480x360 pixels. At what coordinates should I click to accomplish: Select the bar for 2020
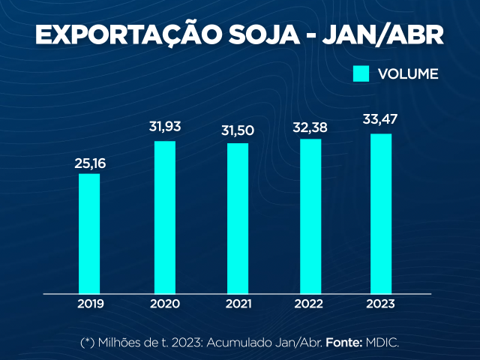click(164, 217)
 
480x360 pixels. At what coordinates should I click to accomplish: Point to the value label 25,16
click(90, 163)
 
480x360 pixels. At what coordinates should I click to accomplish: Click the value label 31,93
click(165, 127)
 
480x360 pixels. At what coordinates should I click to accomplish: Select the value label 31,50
click(238, 130)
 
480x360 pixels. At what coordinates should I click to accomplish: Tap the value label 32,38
click(310, 126)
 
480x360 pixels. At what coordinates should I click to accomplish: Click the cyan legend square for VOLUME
click(361, 73)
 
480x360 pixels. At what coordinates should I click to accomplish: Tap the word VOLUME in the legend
click(408, 74)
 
